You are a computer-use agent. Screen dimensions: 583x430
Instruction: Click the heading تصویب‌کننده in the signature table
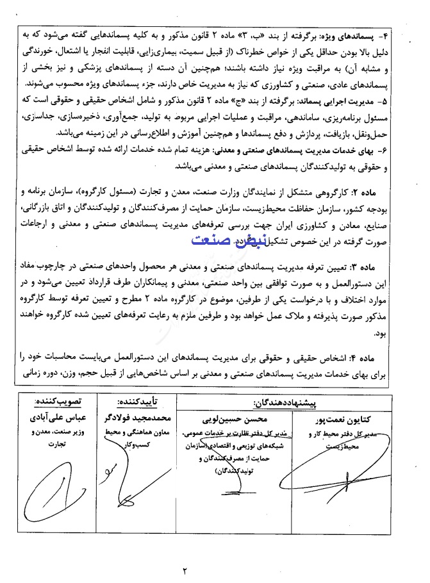58,402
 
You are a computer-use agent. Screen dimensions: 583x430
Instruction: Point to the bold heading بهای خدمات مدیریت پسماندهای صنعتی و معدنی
301,151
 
